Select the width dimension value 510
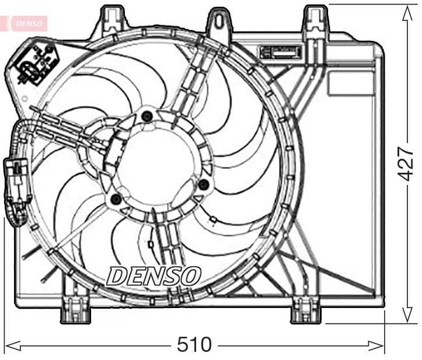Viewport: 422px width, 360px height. [x=194, y=345]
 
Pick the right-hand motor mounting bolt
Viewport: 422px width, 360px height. [x=203, y=184]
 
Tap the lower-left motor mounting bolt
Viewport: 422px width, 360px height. [x=116, y=201]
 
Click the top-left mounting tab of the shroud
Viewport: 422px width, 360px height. [x=114, y=20]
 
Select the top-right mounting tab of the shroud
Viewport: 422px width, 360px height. [x=316, y=20]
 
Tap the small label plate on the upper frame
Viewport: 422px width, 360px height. [x=280, y=51]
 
